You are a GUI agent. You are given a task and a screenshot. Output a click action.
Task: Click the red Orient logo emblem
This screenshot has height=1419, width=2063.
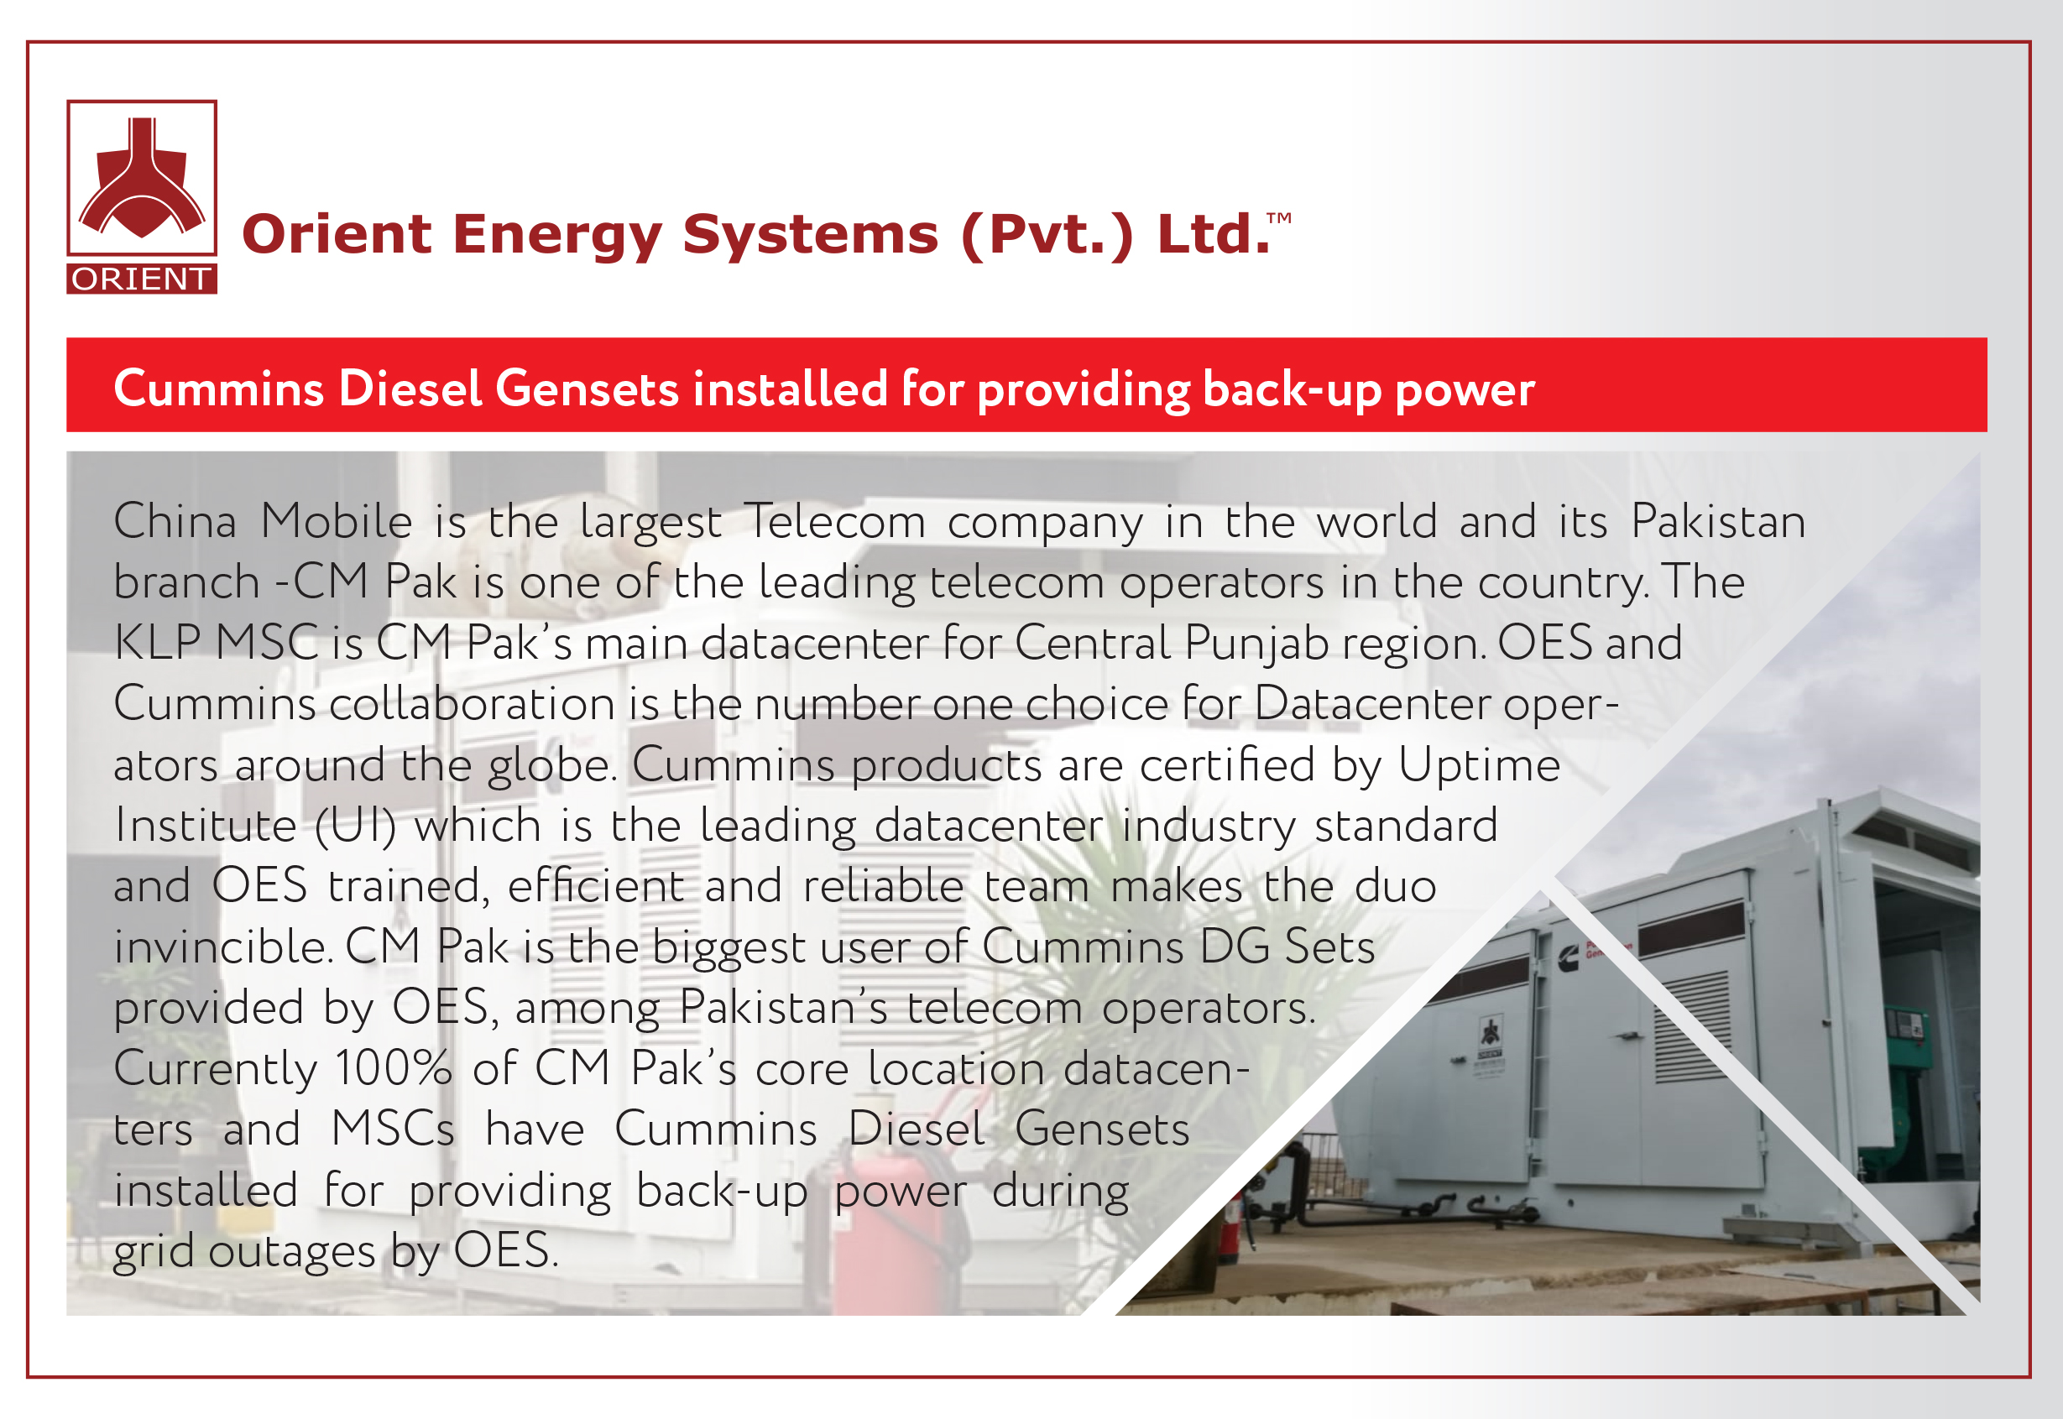(143, 178)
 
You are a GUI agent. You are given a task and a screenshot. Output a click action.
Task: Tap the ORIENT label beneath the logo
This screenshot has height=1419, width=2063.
(143, 279)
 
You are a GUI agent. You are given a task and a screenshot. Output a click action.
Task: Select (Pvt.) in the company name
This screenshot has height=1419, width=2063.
(1047, 236)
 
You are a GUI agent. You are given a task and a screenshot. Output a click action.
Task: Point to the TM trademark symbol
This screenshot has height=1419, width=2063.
(1279, 218)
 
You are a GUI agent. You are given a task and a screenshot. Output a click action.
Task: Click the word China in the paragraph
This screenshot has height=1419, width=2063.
(175, 521)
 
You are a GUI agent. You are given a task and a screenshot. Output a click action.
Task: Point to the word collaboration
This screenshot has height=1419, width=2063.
(472, 703)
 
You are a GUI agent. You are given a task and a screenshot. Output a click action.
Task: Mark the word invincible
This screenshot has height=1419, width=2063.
(223, 947)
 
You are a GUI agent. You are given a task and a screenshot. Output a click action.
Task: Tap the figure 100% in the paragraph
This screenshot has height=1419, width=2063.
(393, 1067)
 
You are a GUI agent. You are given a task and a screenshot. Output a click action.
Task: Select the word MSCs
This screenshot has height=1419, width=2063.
(392, 1129)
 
